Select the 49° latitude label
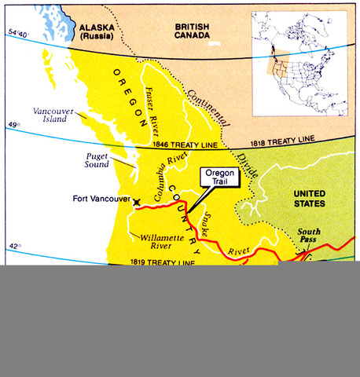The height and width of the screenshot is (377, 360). (x=13, y=124)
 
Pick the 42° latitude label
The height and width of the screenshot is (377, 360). (x=13, y=247)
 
